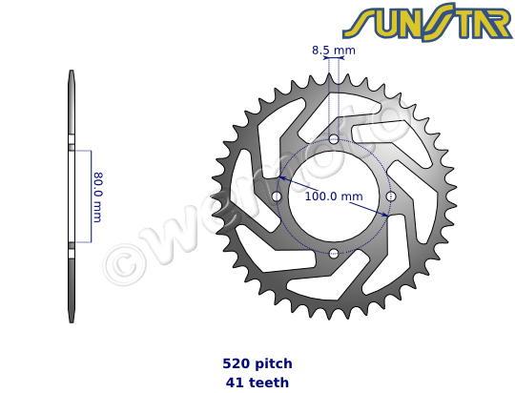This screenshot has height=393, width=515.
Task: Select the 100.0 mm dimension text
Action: [x=334, y=196]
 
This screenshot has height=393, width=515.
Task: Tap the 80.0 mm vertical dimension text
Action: [x=97, y=196]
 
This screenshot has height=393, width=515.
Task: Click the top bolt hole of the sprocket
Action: [x=334, y=140]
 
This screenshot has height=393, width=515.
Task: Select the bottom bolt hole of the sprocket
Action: [x=334, y=254]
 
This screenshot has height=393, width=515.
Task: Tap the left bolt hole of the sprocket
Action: [x=278, y=196]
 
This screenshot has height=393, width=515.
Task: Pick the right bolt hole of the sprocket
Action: [x=391, y=196]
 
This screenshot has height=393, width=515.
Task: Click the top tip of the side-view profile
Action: [x=72, y=73]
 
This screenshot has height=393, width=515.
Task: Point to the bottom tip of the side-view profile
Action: [x=72, y=321]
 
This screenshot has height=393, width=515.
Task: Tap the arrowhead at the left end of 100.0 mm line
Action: [x=284, y=178]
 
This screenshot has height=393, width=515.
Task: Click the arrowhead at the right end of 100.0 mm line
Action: [x=384, y=215]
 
